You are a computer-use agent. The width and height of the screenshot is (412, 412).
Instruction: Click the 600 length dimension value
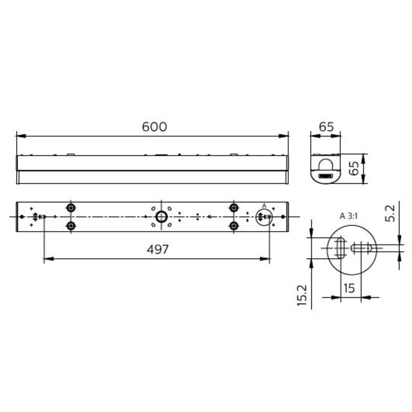click(154, 127)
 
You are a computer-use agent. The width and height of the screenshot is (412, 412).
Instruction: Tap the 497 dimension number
click(158, 249)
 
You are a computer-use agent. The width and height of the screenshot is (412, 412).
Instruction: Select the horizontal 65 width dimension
click(326, 127)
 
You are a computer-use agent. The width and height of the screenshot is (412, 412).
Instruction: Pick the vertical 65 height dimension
click(353, 168)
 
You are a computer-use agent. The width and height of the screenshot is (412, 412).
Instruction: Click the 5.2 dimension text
click(390, 213)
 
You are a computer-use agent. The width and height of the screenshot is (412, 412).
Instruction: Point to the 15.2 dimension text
click(302, 295)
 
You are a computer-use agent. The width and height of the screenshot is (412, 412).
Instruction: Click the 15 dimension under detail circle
click(349, 288)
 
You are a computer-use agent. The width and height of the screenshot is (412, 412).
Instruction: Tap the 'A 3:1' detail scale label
click(349, 216)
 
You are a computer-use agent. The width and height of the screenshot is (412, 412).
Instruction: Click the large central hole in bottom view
click(162, 217)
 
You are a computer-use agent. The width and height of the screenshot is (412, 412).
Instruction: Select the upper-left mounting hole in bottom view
click(71, 208)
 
